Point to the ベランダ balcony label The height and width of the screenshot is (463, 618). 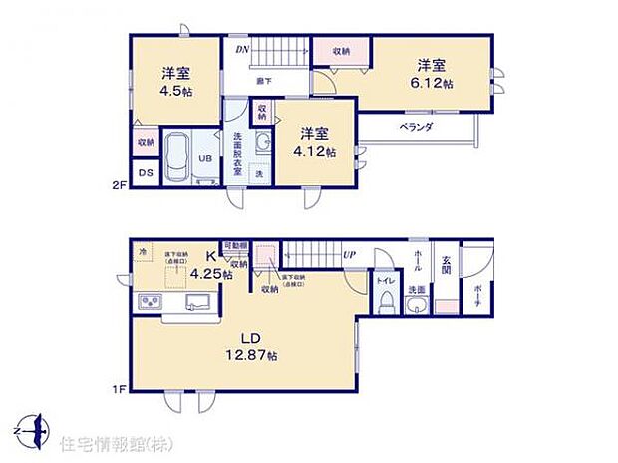(x=416, y=127)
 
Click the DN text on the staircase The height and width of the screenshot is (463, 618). (x=242, y=48)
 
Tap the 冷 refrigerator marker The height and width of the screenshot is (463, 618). (x=143, y=251)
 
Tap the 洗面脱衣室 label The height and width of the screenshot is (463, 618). (x=238, y=153)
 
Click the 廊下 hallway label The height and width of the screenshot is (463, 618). (x=264, y=81)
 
